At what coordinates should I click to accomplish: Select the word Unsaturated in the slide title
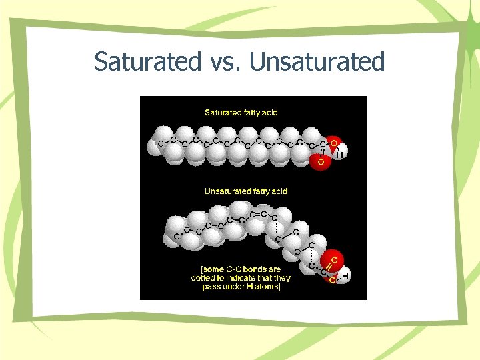click(318, 62)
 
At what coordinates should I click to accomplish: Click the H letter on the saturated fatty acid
click(340, 155)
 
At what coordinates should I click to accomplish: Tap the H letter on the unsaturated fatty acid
click(346, 275)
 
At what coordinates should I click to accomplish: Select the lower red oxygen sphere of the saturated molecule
click(321, 160)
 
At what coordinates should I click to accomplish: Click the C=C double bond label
click(259, 214)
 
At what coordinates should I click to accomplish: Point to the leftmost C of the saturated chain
click(160, 143)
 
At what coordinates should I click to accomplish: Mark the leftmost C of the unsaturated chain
click(176, 235)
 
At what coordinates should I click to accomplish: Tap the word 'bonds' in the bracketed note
click(249, 269)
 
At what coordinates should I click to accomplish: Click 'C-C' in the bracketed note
click(225, 269)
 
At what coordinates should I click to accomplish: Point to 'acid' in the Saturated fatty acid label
click(269, 113)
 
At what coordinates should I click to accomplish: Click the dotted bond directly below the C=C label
click(274, 228)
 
